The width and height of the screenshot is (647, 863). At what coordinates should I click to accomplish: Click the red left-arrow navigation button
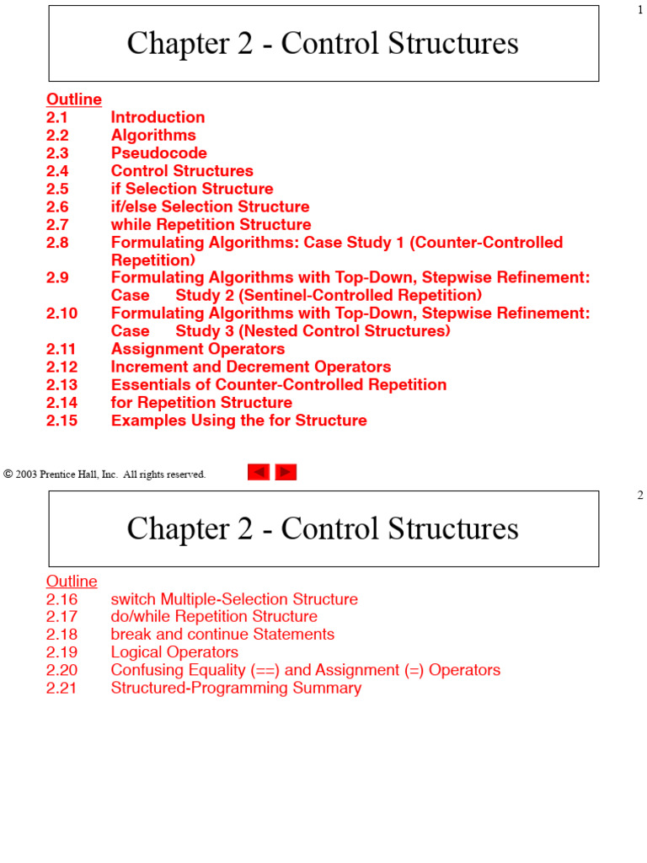click(259, 473)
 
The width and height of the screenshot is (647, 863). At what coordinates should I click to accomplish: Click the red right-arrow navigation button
click(286, 473)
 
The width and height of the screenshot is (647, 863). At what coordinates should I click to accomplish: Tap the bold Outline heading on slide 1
click(74, 99)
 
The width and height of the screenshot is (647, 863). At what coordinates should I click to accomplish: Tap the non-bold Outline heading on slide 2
click(72, 582)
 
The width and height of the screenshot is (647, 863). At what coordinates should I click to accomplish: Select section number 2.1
click(57, 117)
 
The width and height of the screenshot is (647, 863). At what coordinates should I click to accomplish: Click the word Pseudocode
click(158, 153)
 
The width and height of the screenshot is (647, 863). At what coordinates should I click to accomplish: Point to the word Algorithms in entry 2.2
click(153, 136)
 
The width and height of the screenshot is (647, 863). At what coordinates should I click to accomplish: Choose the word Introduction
click(158, 117)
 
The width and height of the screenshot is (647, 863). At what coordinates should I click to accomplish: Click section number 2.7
click(57, 225)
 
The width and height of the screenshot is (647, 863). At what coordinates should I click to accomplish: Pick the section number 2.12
click(61, 367)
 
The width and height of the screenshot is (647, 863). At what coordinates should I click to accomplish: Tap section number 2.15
click(61, 421)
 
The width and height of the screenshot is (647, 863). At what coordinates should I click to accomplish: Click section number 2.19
click(61, 652)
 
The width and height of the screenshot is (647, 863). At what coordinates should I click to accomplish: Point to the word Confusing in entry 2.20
click(147, 670)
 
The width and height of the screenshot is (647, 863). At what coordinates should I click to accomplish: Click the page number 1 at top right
click(640, 10)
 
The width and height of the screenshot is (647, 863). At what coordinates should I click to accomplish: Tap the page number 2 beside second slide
click(640, 496)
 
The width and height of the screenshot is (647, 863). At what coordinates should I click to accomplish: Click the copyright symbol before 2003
click(8, 474)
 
